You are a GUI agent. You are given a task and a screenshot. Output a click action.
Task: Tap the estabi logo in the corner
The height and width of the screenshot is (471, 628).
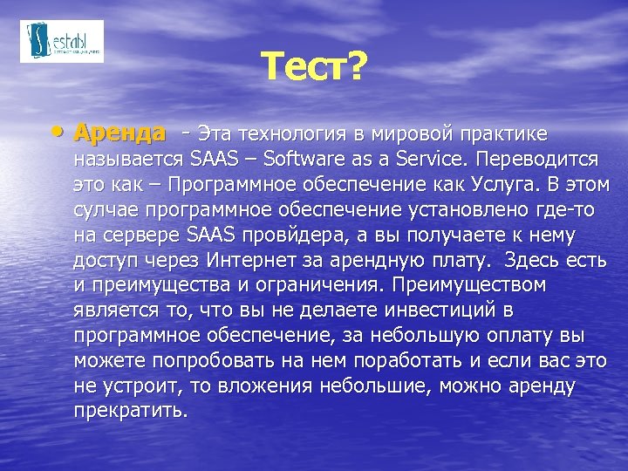(x=61, y=41)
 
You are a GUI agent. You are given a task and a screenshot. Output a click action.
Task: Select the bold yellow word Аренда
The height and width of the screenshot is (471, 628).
(x=119, y=133)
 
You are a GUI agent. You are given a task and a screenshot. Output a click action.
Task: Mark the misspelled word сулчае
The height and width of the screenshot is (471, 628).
(x=106, y=210)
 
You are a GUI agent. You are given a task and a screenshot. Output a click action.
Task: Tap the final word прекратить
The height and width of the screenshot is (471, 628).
(x=130, y=411)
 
